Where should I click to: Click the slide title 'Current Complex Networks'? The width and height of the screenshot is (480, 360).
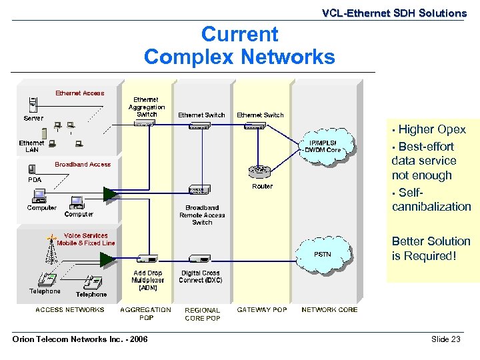tap(239, 45)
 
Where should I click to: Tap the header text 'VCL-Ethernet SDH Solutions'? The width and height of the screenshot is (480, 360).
tap(394, 13)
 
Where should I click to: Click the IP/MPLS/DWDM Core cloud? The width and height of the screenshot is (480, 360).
tap(323, 147)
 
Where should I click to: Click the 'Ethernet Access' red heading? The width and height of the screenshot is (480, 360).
tap(79, 93)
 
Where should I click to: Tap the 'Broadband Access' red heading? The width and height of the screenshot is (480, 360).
tap(83, 164)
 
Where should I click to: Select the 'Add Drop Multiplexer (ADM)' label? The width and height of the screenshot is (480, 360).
tap(147, 281)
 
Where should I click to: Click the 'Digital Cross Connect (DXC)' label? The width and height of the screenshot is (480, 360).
tap(201, 277)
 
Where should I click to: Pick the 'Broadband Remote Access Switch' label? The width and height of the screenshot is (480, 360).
tap(202, 215)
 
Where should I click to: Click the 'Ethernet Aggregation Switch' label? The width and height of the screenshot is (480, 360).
tap(146, 107)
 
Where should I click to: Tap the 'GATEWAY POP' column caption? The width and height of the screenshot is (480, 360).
tap(262, 309)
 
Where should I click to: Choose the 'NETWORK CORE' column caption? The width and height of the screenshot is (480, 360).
tap(329, 309)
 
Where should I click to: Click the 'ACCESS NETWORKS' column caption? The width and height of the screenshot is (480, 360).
tap(70, 309)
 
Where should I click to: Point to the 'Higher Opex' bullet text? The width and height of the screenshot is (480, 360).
tap(431, 129)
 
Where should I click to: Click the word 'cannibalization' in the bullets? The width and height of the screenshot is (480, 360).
tap(431, 207)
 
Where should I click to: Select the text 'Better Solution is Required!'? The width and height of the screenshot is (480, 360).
tap(431, 249)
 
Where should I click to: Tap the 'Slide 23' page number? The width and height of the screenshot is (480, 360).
tap(445, 339)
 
